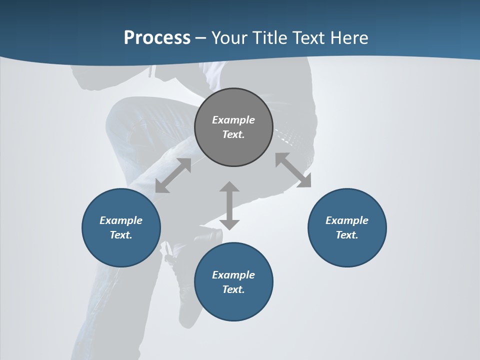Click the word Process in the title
(x=157, y=38)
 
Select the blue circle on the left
(x=121, y=250)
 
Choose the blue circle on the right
(x=347, y=250)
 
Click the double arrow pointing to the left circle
(x=173, y=175)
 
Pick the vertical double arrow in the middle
(x=229, y=205)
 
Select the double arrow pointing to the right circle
(x=293, y=170)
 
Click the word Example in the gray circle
(x=233, y=120)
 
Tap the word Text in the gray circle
(x=233, y=134)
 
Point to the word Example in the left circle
(x=121, y=220)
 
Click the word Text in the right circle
(x=347, y=235)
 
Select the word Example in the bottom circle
(x=233, y=275)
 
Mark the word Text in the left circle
(x=121, y=235)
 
